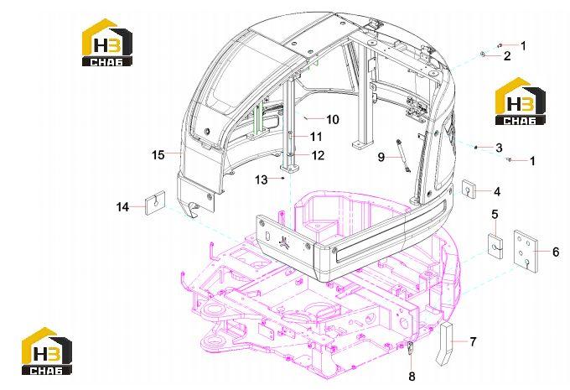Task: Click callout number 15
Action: click(158, 155)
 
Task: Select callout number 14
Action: click(123, 207)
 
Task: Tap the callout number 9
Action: click(381, 157)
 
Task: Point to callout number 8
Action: click(412, 377)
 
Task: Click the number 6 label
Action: click(556, 252)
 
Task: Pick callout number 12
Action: click(318, 155)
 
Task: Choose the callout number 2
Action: click(507, 56)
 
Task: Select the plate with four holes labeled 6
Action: click(526, 251)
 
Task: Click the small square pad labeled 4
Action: click(469, 189)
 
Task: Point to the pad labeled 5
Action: click(495, 247)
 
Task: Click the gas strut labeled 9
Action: click(403, 155)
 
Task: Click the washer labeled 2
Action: click(483, 55)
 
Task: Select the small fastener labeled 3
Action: click(475, 147)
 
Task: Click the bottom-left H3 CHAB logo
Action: click(47, 351)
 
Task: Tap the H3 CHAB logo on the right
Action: click(521, 101)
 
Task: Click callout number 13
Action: click(261, 179)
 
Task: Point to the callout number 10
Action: click(332, 119)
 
